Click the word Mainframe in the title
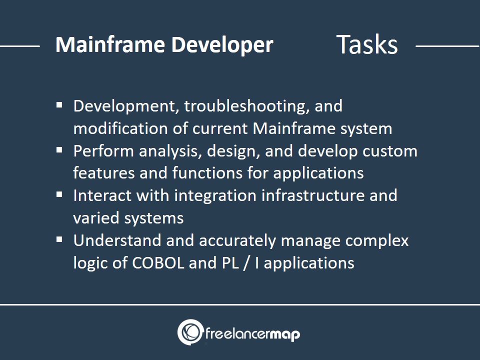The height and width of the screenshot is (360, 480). [x=110, y=44]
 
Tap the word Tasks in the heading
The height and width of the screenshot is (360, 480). [x=366, y=44]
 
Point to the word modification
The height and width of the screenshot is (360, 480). [x=120, y=128]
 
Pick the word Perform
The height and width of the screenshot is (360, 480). [x=103, y=151]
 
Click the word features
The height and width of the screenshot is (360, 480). [x=104, y=173]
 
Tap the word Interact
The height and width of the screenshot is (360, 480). [x=102, y=195]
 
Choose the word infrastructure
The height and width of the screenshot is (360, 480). [x=313, y=195]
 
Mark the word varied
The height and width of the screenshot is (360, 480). [x=96, y=218]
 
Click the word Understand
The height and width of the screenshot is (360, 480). [x=117, y=240]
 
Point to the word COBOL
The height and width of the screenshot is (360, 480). [x=158, y=263]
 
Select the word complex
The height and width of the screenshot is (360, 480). [x=377, y=241]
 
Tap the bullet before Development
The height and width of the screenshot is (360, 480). [x=59, y=105]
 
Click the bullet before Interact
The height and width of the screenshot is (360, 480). [x=59, y=195]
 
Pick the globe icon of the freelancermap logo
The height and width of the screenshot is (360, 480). [x=190, y=332]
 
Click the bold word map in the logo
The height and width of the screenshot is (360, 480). [x=285, y=334]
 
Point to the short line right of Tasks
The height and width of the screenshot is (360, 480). [x=447, y=46]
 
